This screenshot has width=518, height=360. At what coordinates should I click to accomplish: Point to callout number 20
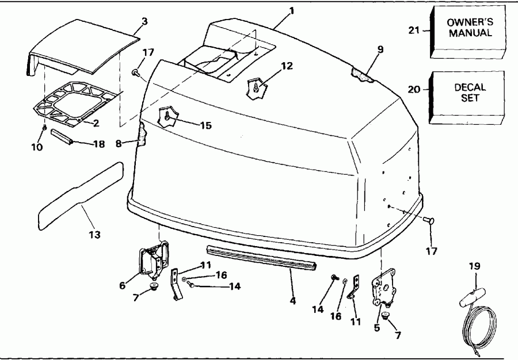(x=422, y=90)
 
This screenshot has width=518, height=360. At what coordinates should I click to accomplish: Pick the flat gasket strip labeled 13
(x=81, y=193)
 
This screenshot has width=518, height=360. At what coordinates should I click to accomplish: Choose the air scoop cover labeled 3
(x=86, y=49)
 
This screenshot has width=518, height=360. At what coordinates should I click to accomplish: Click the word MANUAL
(x=471, y=33)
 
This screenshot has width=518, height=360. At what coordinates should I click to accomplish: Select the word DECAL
(x=470, y=87)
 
